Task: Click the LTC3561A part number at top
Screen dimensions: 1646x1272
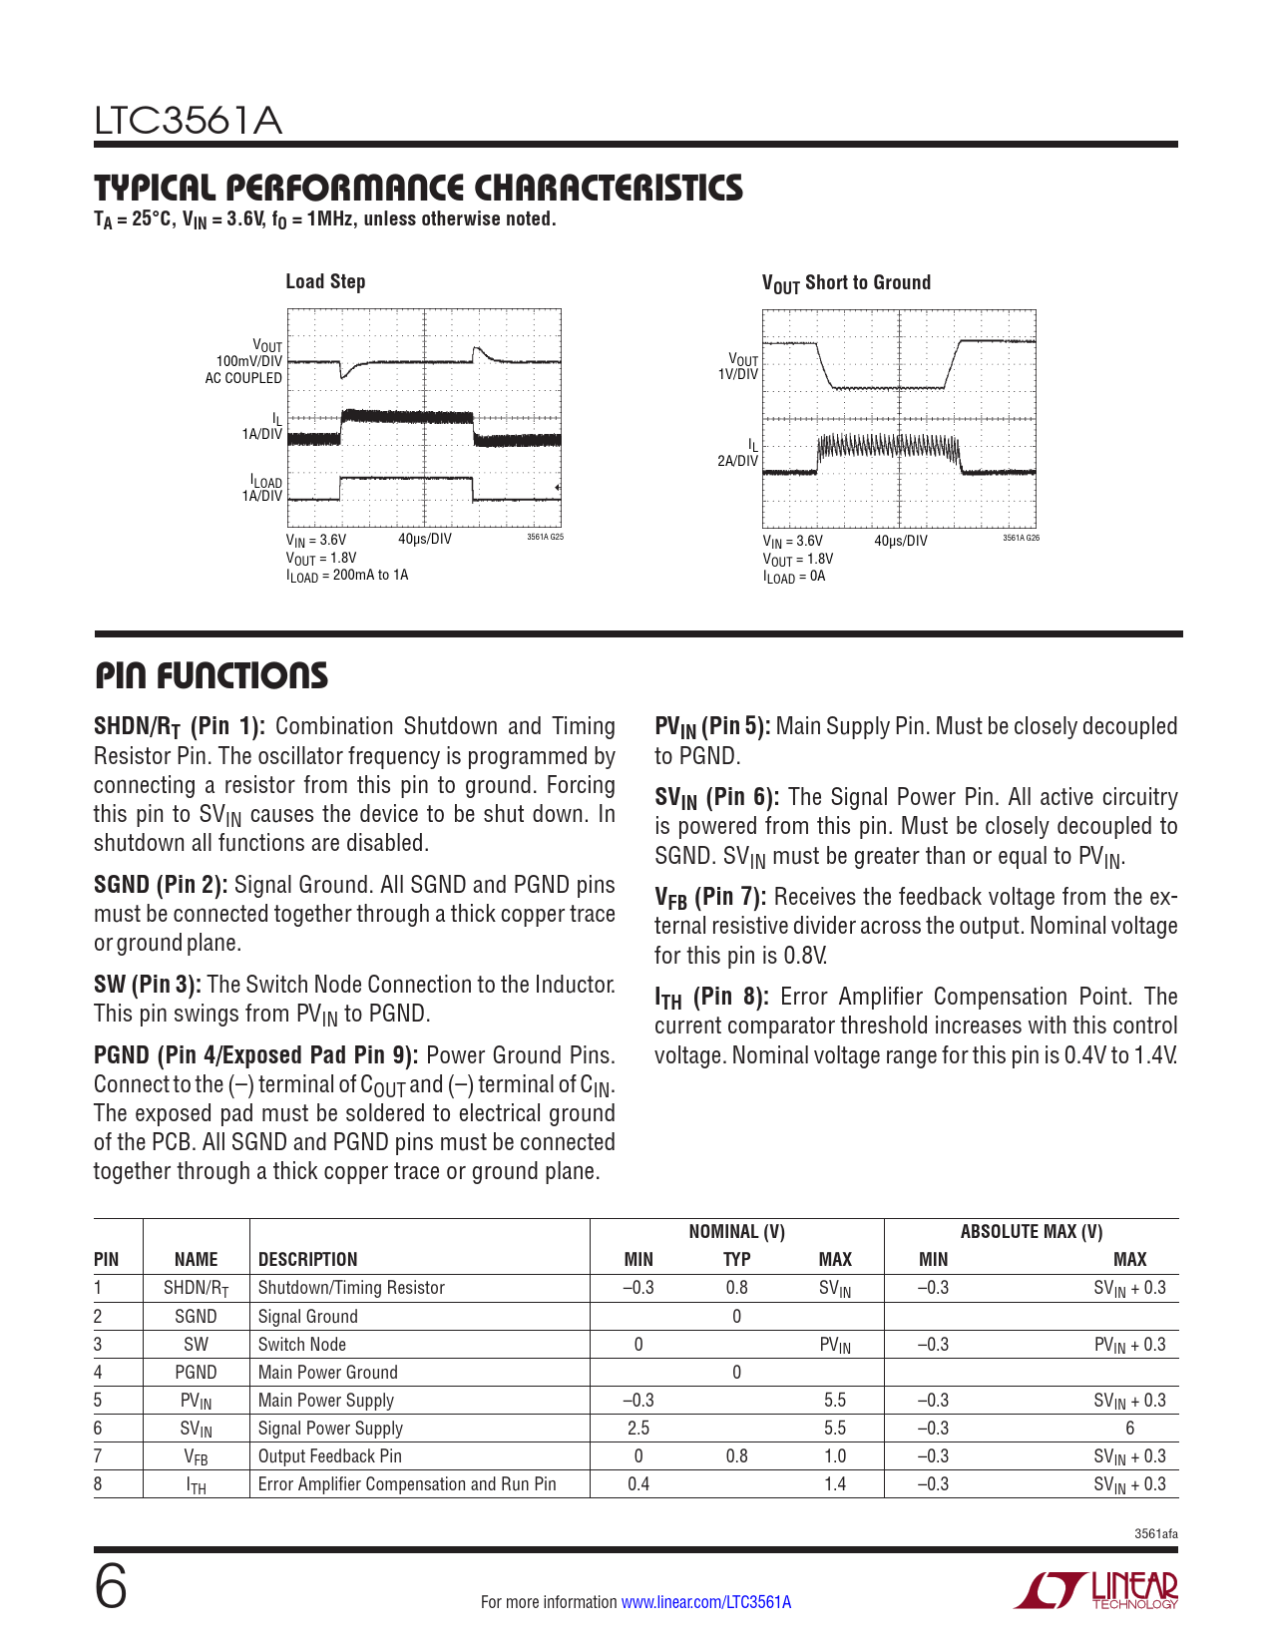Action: [188, 122]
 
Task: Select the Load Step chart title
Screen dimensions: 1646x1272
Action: [325, 282]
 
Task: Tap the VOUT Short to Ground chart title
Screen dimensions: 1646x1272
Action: [846, 283]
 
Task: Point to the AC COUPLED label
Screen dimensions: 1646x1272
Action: [243, 378]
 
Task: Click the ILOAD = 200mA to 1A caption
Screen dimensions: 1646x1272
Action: [347, 576]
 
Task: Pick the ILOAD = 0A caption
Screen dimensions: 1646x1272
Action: [794, 577]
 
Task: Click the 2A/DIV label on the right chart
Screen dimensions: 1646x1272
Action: [737, 461]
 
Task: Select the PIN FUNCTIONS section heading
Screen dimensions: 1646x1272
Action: [212, 676]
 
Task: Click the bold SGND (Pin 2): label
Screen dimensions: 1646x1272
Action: [161, 885]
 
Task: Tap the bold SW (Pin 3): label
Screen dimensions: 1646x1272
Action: [147, 985]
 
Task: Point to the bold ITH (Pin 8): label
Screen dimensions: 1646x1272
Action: [711, 997]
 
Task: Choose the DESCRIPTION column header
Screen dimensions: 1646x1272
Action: [307, 1259]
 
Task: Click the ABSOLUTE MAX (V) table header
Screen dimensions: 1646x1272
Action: [1031, 1232]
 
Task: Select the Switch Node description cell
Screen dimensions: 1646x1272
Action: [302, 1345]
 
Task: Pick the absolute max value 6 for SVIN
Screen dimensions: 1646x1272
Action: [1129, 1429]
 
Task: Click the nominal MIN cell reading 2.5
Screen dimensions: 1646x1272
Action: [638, 1429]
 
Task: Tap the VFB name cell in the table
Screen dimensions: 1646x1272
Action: [196, 1456]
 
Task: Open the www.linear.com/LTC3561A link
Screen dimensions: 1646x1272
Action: [705, 1602]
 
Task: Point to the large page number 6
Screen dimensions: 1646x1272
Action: [111, 1588]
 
